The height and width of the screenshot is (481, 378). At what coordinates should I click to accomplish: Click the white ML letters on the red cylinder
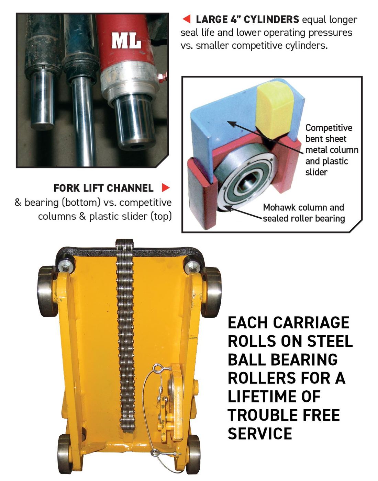click(126, 41)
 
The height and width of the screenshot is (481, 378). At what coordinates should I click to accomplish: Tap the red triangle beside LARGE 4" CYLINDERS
click(187, 19)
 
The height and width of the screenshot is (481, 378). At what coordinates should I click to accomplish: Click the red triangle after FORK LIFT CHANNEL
click(166, 188)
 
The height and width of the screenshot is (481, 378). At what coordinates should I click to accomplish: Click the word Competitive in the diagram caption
click(329, 128)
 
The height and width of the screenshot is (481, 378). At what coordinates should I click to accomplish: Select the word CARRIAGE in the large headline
click(311, 323)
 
